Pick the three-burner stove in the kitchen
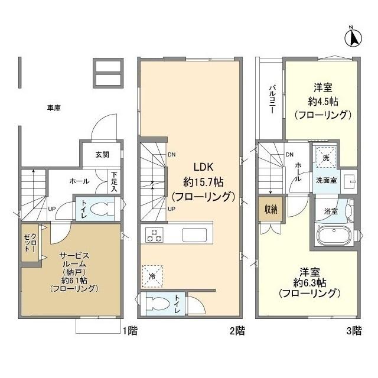click(x=154, y=234)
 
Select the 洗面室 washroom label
click(x=325, y=181)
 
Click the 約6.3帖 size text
click(x=309, y=282)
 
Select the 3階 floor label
click(x=353, y=331)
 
